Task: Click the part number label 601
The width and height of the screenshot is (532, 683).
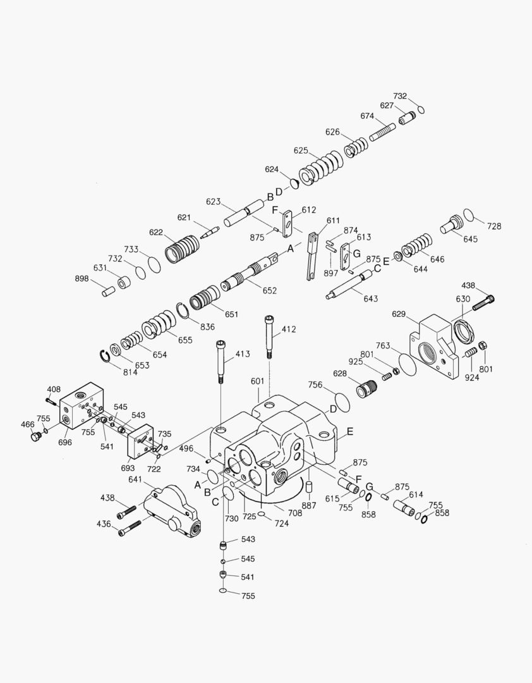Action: click(x=257, y=381)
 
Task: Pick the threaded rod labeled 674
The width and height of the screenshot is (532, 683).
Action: click(x=382, y=133)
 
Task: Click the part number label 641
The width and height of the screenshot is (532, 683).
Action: click(x=135, y=479)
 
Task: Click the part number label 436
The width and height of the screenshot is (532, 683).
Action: click(x=104, y=524)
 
